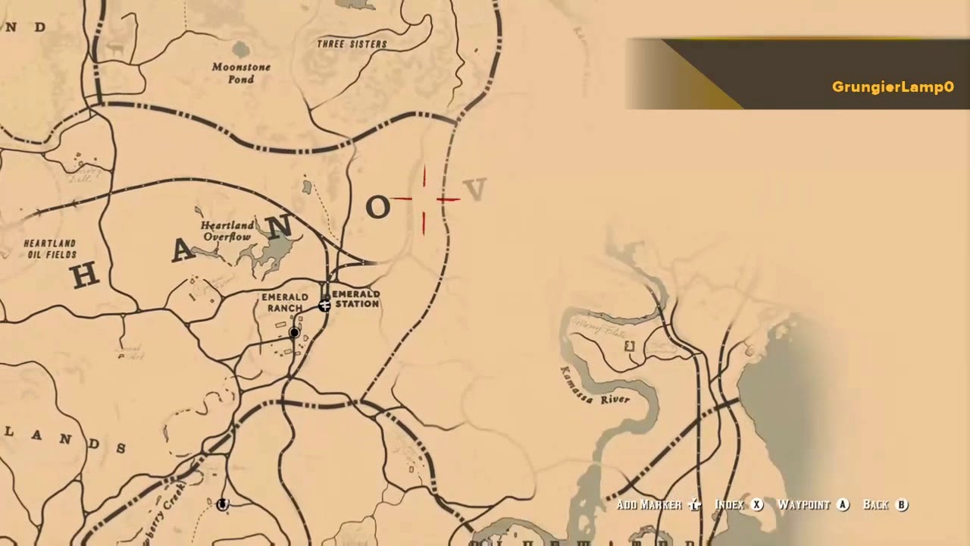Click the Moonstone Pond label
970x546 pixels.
click(x=241, y=73)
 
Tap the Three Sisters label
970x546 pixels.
click(x=352, y=44)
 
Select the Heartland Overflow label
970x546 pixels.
click(x=227, y=231)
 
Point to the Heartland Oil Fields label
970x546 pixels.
click(x=50, y=249)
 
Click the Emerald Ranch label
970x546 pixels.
click(x=285, y=303)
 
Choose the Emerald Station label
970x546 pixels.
click(x=355, y=299)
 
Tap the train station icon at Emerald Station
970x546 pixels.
click(x=324, y=305)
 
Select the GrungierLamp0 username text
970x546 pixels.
click(x=893, y=87)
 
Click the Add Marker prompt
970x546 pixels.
click(x=649, y=505)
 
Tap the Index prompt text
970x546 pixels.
click(x=730, y=505)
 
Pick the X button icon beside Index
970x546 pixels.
click(x=756, y=505)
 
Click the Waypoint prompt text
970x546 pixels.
click(x=804, y=505)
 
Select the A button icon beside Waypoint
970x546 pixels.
click(x=843, y=505)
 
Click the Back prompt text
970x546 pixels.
click(x=875, y=505)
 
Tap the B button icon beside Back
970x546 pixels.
click(x=902, y=505)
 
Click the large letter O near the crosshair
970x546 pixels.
click(x=377, y=207)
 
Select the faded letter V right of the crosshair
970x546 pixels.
click(x=475, y=190)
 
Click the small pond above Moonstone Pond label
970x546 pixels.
click(x=241, y=50)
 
